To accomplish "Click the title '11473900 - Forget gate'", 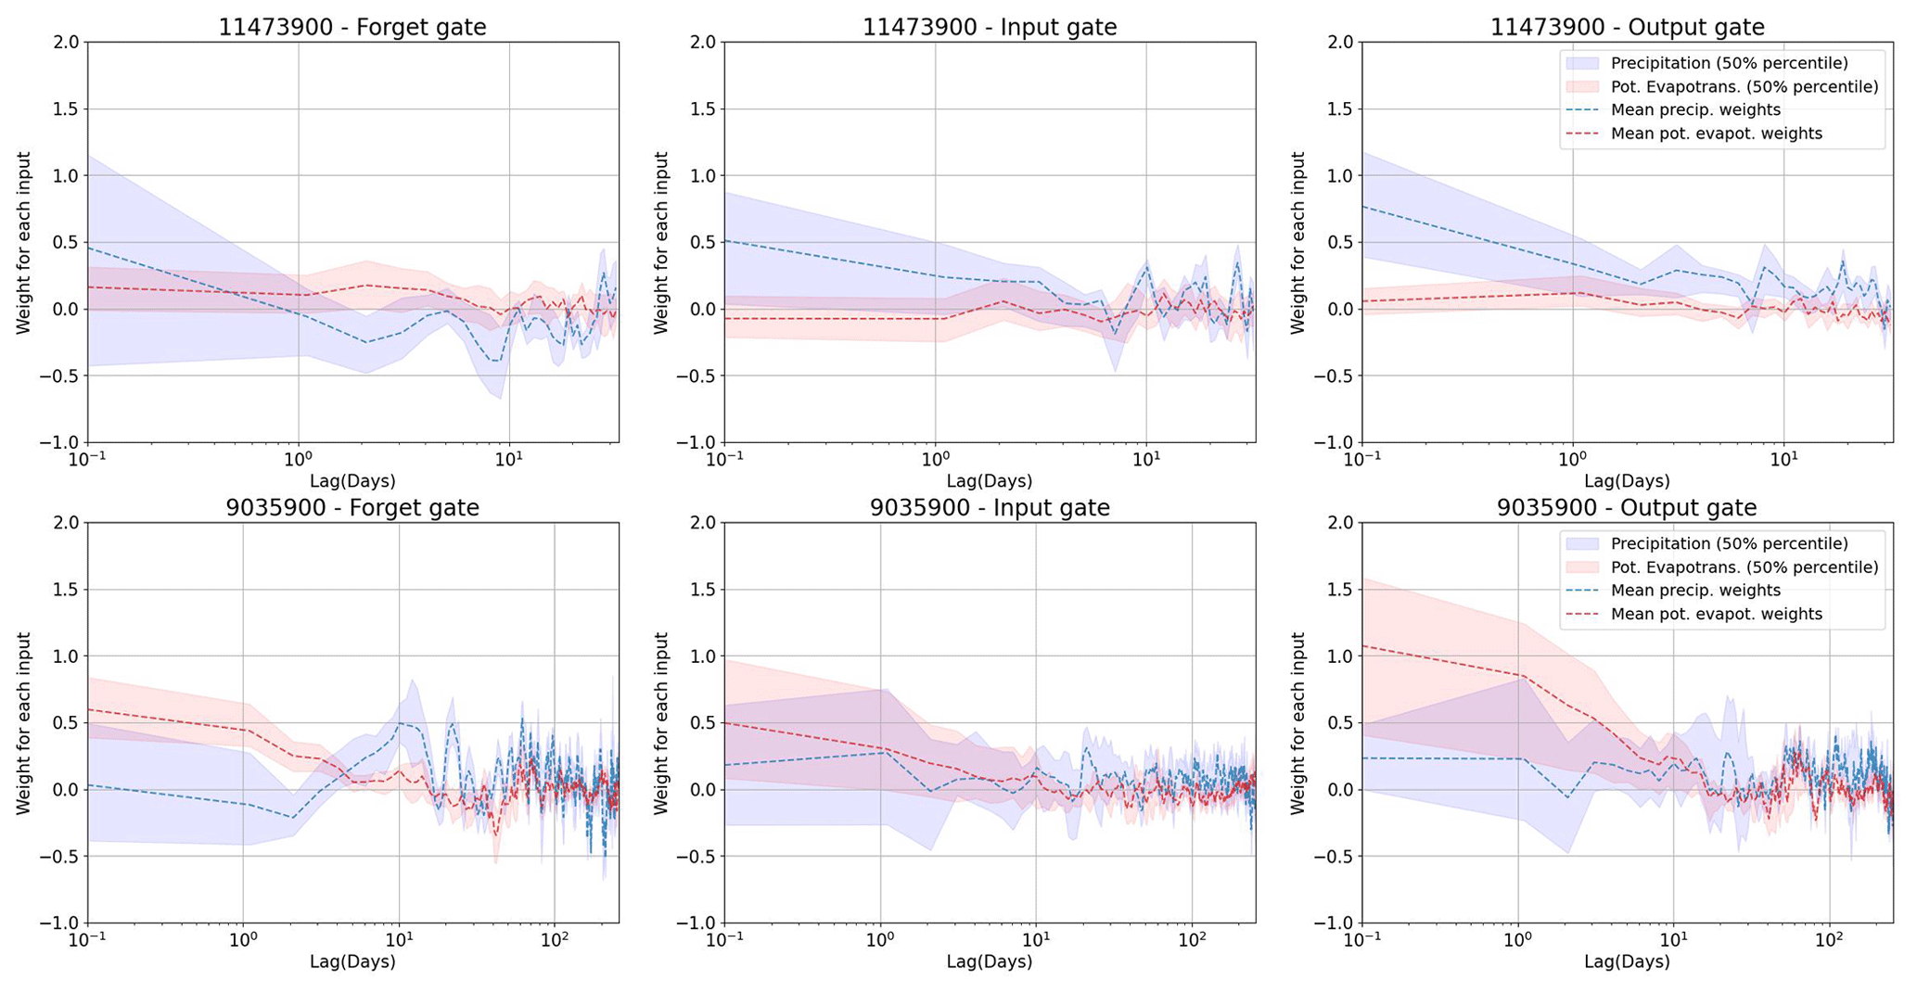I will (x=352, y=28).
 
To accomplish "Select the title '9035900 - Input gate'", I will (x=990, y=508).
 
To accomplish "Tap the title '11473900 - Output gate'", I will (x=1627, y=28).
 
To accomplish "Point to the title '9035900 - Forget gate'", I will (x=352, y=508).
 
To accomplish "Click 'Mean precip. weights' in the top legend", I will (x=1695, y=110).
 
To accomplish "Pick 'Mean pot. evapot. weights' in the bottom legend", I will (x=1716, y=615).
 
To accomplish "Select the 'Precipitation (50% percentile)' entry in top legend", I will (x=1729, y=63).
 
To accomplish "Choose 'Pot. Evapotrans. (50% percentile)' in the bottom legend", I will (x=1744, y=567).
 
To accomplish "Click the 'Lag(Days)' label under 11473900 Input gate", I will (x=990, y=481).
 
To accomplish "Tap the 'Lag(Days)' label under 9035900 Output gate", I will (x=1627, y=961).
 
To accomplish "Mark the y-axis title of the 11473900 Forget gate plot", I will (x=23, y=243).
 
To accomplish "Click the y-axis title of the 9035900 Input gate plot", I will (x=660, y=723).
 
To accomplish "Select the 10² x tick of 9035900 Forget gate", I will (x=554, y=939).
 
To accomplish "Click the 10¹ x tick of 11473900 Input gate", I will (x=1146, y=459).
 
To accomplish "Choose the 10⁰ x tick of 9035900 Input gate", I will (x=880, y=939).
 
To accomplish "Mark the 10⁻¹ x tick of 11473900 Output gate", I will (x=1361, y=459).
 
